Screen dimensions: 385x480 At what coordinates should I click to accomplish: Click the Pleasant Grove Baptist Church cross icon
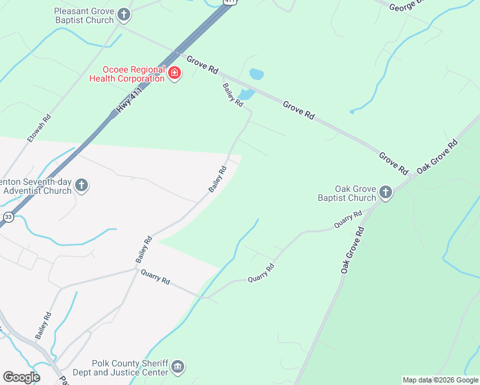point(124,14)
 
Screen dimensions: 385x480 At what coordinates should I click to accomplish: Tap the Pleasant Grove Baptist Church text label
point(84,16)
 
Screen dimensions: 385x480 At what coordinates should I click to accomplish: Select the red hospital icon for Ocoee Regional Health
point(174,74)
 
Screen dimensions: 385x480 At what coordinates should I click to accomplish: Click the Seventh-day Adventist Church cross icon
point(81,186)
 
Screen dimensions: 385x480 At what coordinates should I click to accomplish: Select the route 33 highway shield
point(8,217)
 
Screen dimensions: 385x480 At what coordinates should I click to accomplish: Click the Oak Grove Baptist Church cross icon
point(385,192)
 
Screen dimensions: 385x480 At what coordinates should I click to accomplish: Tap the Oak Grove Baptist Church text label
point(347,193)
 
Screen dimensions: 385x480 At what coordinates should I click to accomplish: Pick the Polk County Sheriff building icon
point(178,368)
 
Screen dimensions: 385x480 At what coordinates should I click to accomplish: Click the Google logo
point(21,377)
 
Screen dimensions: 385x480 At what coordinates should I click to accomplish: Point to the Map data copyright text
point(440,380)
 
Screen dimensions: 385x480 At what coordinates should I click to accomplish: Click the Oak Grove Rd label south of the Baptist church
point(352,250)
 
